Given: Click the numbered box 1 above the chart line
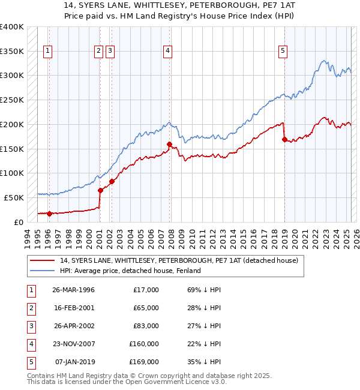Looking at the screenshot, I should point(47,51).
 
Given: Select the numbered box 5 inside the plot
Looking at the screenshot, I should point(283,51).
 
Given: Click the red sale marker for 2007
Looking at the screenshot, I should point(169,144).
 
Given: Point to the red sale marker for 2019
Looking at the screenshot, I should point(284,139).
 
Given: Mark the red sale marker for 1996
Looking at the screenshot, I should point(49,213).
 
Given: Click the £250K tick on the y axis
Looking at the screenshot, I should point(12,100).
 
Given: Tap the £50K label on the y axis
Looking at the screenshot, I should point(14,197).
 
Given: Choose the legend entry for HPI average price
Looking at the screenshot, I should point(130,271).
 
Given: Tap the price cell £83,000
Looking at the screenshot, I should point(144,326).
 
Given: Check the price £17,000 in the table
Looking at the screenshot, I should point(144,290).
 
